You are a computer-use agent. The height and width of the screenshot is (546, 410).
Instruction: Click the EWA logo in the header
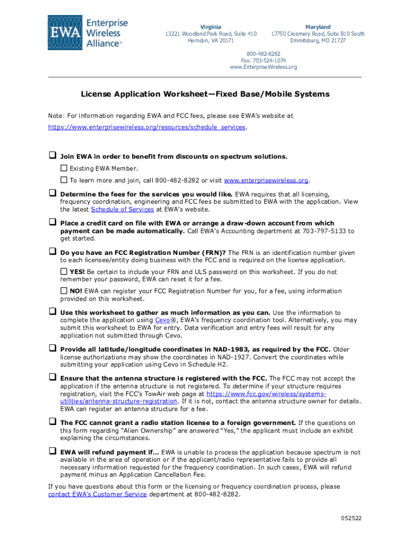[88, 33]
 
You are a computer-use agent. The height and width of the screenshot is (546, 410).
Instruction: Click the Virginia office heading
[210, 27]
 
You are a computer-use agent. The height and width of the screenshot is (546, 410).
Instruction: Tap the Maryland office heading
[317, 27]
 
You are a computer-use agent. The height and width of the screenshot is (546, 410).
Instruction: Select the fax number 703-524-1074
[263, 61]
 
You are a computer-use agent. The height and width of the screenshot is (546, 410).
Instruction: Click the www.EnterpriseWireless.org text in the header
[263, 67]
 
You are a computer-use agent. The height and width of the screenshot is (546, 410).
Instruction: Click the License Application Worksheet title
[205, 94]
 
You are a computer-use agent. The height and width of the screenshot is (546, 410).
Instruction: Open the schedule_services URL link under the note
[147, 127]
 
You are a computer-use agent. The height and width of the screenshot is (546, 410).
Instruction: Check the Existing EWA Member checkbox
[64, 168]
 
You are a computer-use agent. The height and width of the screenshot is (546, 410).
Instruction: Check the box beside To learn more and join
[64, 180]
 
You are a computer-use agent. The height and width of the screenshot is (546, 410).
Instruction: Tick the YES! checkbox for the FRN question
[64, 271]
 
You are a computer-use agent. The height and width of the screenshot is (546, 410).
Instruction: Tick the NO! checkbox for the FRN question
[64, 291]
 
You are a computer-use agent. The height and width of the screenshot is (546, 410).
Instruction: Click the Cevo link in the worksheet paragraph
[162, 320]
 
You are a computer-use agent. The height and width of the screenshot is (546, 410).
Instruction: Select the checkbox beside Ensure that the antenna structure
[53, 377]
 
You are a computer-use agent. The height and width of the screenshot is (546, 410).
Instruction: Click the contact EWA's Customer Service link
[97, 494]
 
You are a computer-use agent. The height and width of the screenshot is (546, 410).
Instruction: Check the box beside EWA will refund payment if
[53, 451]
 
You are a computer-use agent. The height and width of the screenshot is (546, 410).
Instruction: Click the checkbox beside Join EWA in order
[53, 156]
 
